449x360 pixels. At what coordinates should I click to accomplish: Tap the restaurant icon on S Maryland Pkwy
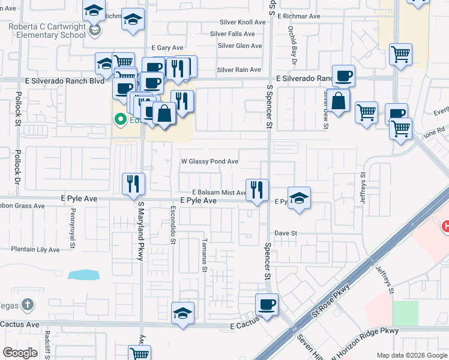tap(133, 184)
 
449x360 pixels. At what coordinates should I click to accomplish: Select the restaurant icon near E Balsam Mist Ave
tap(257, 190)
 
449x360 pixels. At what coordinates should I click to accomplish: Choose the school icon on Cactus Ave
tap(182, 313)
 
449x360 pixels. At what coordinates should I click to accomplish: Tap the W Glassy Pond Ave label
tap(210, 161)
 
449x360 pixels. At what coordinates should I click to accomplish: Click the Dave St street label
tap(286, 233)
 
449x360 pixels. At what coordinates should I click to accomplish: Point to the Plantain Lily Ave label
tap(35, 249)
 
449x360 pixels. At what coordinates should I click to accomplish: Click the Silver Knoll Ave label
tap(242, 22)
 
